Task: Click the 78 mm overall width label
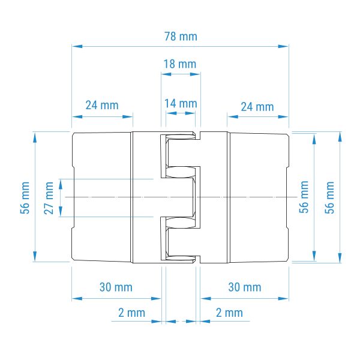(181, 37)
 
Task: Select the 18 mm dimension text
(180, 64)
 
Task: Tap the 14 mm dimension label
(181, 104)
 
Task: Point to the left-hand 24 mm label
(102, 106)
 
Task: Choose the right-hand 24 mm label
(257, 107)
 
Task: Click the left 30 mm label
(116, 287)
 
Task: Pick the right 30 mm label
(245, 287)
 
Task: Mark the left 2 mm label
(131, 313)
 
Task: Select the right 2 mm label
(229, 313)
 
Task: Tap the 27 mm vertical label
(49, 198)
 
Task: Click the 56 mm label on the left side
(25, 198)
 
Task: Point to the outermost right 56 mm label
(329, 198)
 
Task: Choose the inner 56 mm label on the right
(304, 197)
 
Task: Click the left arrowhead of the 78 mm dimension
(77, 46)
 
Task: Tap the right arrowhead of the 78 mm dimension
(283, 46)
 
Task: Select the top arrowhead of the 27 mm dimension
(61, 184)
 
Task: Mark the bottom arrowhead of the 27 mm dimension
(61, 211)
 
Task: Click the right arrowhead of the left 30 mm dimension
(156, 299)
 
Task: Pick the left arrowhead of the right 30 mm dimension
(206, 299)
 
